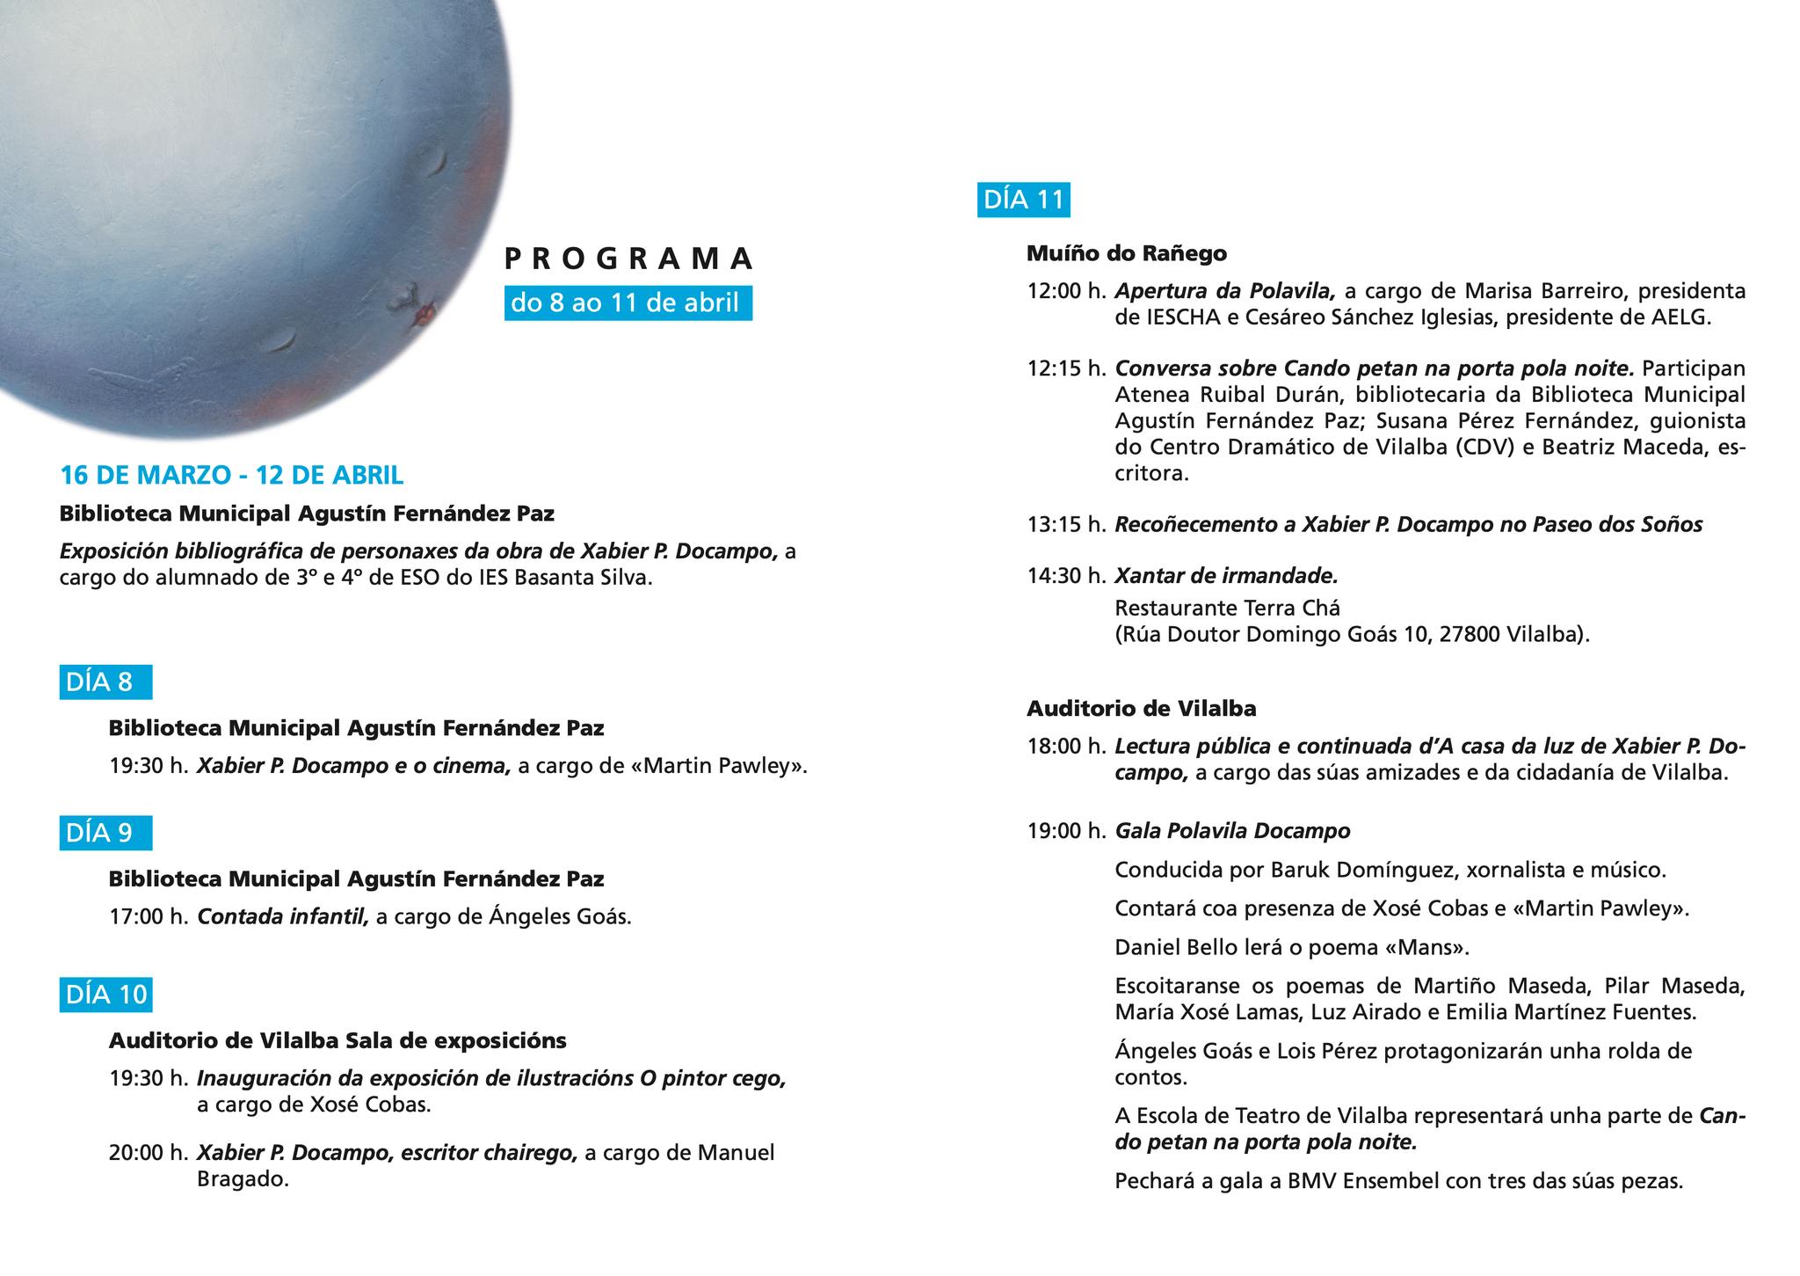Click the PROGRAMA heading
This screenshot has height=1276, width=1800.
click(629, 259)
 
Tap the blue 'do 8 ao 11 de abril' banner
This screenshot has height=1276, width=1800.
click(628, 303)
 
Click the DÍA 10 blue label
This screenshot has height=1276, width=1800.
click(105, 995)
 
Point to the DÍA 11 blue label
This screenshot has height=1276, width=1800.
click(1023, 200)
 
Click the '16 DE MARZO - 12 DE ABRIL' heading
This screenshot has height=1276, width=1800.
click(231, 476)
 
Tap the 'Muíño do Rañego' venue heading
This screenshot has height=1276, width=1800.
click(1126, 254)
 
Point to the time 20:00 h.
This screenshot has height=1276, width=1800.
click(149, 1153)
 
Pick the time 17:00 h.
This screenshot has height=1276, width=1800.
click(149, 917)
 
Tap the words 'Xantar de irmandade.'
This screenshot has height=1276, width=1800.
click(1226, 576)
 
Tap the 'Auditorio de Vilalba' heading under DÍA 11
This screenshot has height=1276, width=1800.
click(1141, 708)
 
